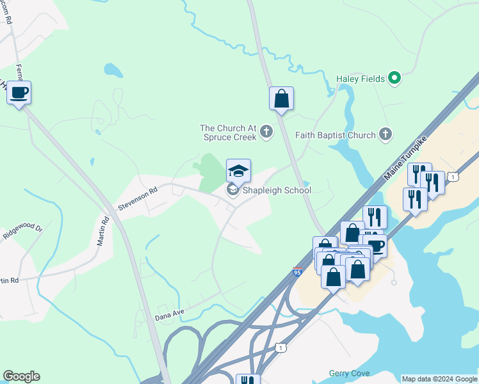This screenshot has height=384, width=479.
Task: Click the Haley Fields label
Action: tap(361, 79)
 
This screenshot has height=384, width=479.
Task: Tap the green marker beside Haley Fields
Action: tap(395, 79)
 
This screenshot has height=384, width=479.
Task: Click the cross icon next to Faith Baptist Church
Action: tap(385, 134)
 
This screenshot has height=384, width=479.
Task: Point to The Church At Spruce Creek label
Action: tap(228, 132)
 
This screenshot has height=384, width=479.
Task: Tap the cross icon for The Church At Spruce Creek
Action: tap(266, 132)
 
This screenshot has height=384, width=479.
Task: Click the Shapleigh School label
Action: tap(276, 190)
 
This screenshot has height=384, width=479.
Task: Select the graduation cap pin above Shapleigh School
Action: tap(238, 171)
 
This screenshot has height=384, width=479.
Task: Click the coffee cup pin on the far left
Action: tap(19, 93)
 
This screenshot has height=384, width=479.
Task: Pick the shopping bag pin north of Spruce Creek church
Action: tap(281, 99)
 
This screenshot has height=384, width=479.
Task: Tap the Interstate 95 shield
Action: tap(297, 272)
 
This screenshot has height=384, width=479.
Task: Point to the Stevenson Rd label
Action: tap(137, 199)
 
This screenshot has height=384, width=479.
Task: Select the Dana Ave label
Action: tap(169, 314)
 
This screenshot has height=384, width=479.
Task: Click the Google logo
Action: tap(21, 376)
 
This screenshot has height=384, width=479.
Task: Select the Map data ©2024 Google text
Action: tap(439, 379)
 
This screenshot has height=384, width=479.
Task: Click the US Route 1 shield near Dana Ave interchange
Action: tap(280, 348)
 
